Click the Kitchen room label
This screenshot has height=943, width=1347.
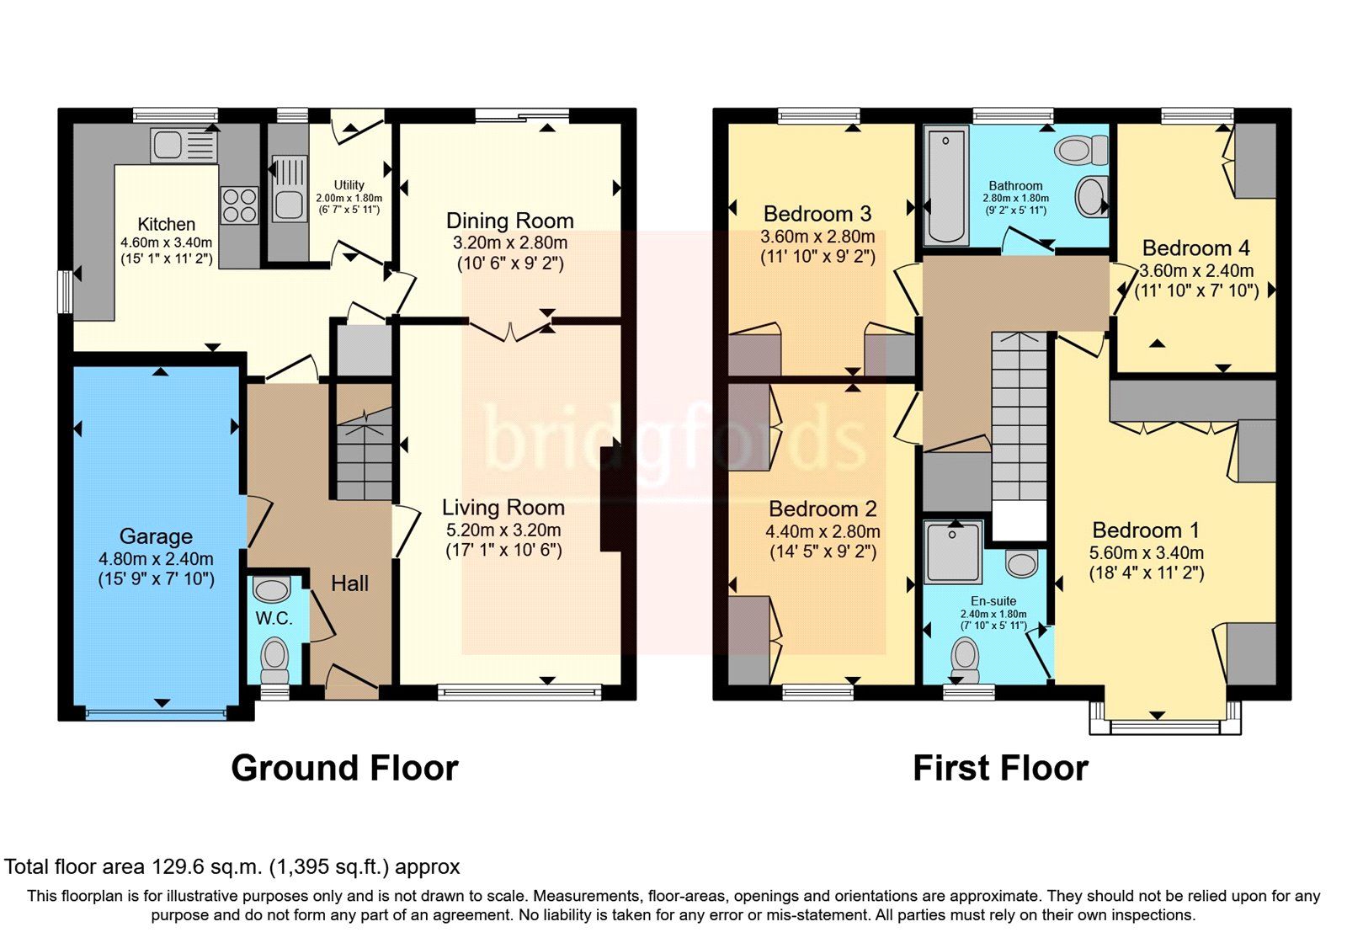click(166, 224)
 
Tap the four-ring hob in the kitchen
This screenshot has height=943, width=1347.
click(239, 205)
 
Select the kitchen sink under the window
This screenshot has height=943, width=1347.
click(183, 145)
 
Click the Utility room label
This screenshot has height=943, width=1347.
click(349, 184)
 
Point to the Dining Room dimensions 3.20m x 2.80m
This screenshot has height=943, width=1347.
click(510, 242)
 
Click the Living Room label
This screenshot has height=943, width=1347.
click(503, 507)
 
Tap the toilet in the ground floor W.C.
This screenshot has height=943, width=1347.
click(274, 659)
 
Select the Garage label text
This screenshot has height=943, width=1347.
click(156, 535)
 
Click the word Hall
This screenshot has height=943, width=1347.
click(349, 583)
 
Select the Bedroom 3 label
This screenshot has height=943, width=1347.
click(817, 213)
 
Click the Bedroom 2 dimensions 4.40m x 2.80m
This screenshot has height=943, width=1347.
click(823, 531)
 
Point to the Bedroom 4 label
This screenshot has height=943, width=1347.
click(1195, 248)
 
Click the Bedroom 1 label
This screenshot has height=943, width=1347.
click(1145, 530)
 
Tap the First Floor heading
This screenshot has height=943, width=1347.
click(1000, 768)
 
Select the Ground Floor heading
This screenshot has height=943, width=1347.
click(344, 768)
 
